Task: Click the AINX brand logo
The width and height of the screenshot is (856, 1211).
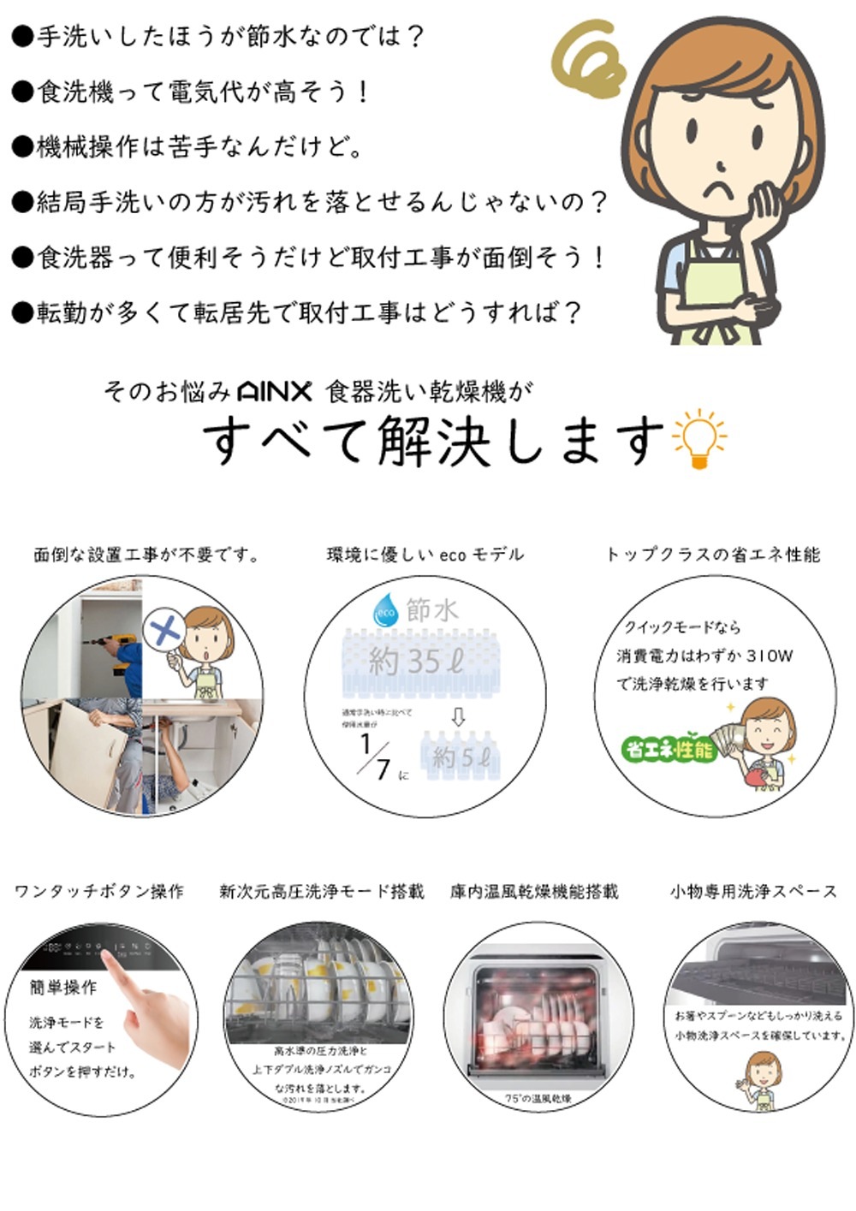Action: pos(273,392)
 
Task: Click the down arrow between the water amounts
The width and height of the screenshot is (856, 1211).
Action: pos(458,716)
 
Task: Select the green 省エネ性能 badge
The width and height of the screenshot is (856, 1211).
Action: pos(669,750)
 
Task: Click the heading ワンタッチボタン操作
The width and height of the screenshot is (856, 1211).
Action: pos(99,892)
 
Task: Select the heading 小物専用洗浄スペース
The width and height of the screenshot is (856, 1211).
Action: pos(753,892)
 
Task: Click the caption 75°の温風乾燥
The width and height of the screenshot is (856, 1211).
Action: pos(538,1098)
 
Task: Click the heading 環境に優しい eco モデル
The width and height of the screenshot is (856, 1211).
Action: pos(425,555)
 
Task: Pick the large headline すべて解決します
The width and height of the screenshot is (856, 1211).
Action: pos(432,440)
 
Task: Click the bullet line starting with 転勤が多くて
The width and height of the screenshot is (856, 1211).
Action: pos(295,312)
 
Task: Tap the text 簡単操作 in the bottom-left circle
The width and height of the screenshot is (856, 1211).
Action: pos(63,987)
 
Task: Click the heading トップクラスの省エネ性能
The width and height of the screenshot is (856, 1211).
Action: pos(712,555)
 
